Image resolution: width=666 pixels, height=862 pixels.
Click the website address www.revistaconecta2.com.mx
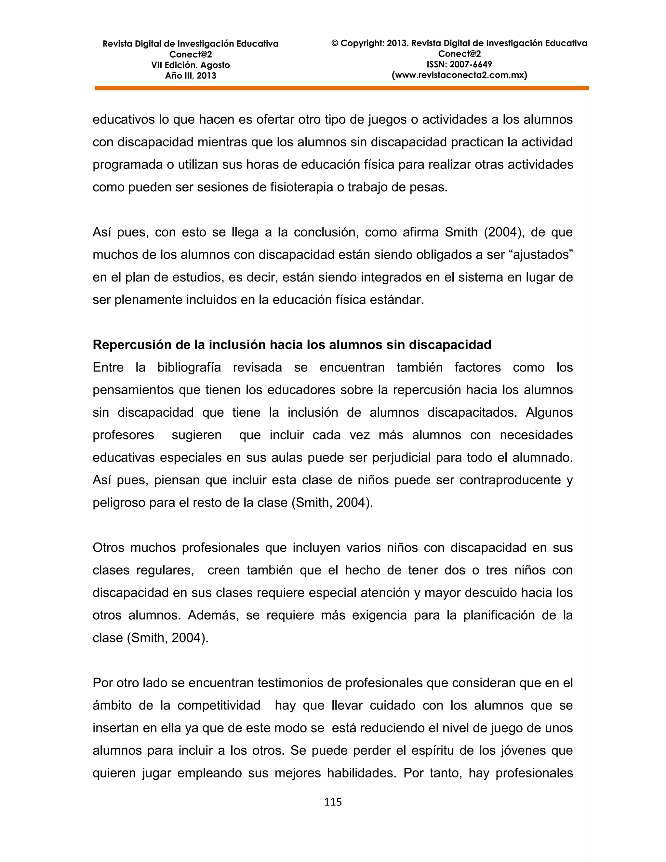(459, 75)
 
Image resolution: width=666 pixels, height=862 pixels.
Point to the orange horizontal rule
(342, 88)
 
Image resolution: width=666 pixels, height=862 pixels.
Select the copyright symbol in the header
(335, 43)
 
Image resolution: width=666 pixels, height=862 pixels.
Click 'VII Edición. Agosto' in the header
(190, 65)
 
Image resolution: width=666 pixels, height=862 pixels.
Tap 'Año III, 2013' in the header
(190, 76)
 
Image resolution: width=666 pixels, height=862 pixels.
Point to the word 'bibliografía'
(189, 368)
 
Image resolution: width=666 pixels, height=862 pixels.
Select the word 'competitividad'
(219, 705)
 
